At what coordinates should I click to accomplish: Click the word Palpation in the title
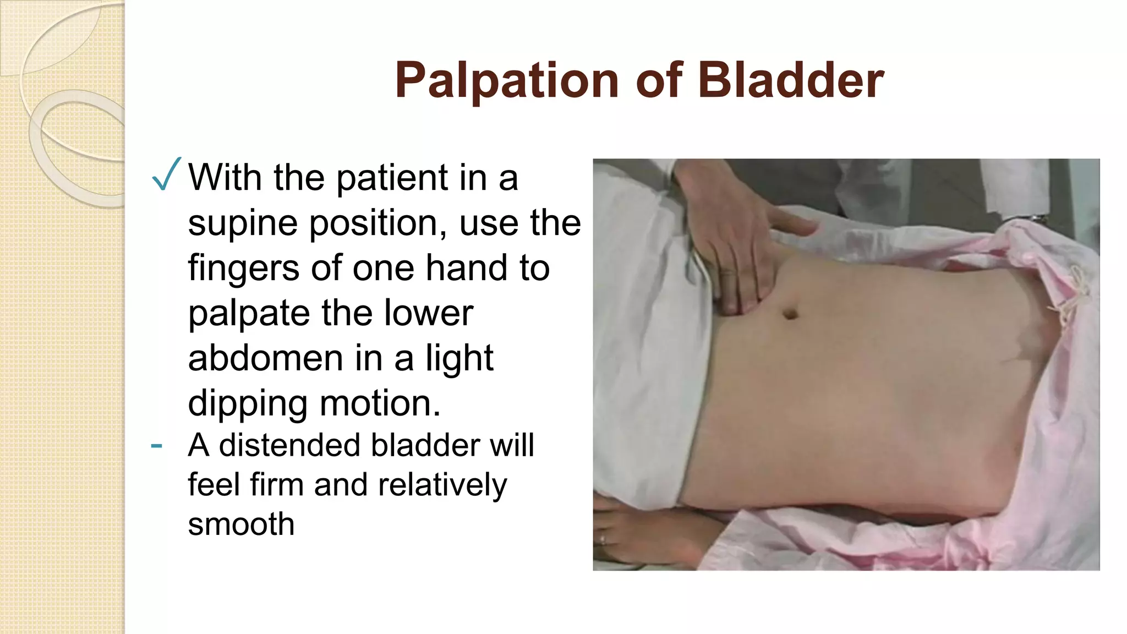click(507, 81)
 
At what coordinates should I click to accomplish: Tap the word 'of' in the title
click(659, 81)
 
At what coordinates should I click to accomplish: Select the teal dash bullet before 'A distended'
click(156, 445)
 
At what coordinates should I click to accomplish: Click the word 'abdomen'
click(266, 358)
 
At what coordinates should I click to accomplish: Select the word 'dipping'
click(247, 404)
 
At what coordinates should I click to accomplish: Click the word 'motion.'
click(380, 403)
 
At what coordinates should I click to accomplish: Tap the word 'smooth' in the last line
click(241, 524)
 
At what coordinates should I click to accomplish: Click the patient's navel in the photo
click(791, 314)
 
